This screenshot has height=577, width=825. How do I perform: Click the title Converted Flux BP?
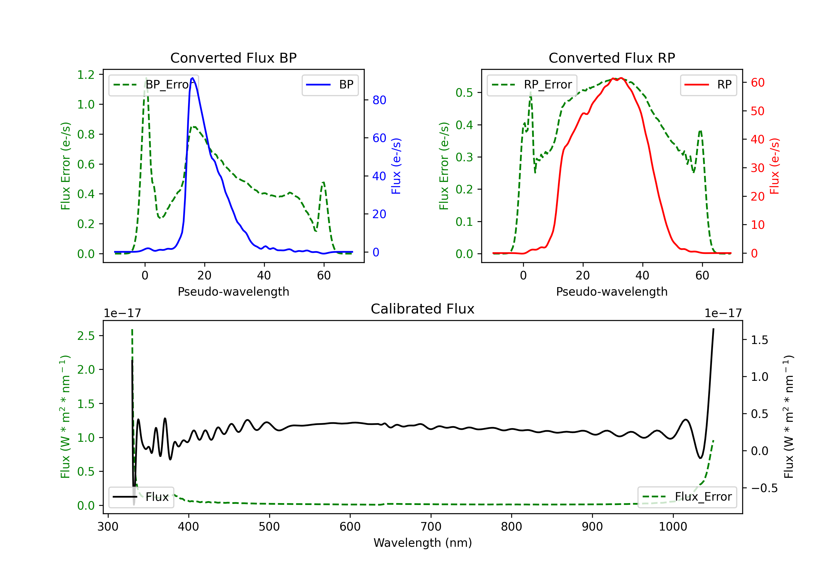pyautogui.click(x=233, y=58)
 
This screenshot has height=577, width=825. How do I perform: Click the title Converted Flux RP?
pyautogui.click(x=612, y=58)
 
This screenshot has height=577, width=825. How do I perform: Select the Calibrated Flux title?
pyautogui.click(x=423, y=309)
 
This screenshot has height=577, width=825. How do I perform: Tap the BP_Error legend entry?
pyautogui.click(x=154, y=85)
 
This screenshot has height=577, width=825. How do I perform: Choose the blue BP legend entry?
pyautogui.click(x=330, y=85)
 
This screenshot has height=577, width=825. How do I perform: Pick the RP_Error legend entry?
pyautogui.click(x=532, y=85)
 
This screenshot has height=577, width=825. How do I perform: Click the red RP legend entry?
pyautogui.click(x=708, y=85)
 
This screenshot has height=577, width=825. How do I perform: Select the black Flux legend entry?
pyautogui.click(x=141, y=497)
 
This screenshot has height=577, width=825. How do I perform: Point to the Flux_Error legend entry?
pyautogui.click(x=687, y=497)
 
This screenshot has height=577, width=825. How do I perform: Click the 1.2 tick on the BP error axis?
pyautogui.click(x=86, y=75)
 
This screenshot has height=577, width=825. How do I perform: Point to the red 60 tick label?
pyautogui.click(x=758, y=83)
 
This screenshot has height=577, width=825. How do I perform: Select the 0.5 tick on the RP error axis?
pyautogui.click(x=464, y=93)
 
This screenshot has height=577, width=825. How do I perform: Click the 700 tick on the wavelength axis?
pyautogui.click(x=431, y=527)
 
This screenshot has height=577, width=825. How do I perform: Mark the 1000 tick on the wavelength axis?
pyautogui.click(x=673, y=527)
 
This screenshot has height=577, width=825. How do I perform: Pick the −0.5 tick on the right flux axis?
pyautogui.click(x=764, y=488)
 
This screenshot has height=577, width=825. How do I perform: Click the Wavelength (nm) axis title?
pyautogui.click(x=423, y=543)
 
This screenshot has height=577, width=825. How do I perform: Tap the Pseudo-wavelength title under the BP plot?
pyautogui.click(x=233, y=292)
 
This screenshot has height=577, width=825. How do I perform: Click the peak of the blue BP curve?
pyautogui.click(x=193, y=78)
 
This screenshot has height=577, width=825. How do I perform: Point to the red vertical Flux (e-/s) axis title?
pyautogui.click(x=774, y=166)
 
